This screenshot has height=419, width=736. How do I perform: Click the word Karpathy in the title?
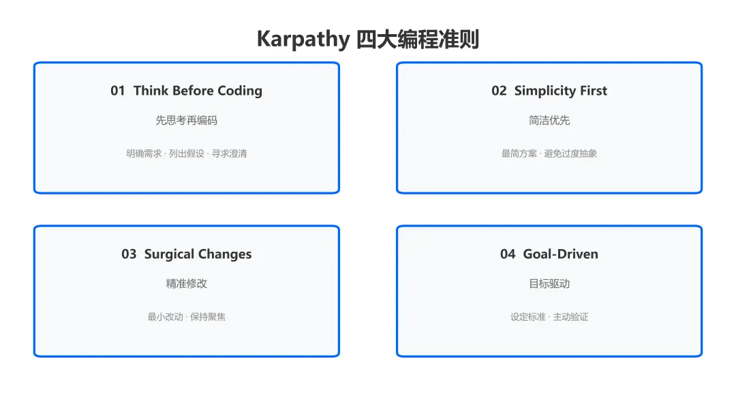pos(303,39)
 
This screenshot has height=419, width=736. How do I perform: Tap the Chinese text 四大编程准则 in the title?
pos(418,39)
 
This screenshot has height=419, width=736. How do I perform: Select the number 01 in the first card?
pos(118,91)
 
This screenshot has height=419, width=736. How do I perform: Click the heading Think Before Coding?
pos(198,91)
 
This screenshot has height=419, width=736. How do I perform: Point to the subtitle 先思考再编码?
pos(186,120)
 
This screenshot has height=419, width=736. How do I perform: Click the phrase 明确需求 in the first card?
pos(144,154)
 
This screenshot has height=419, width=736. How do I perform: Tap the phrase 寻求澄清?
pos(229,154)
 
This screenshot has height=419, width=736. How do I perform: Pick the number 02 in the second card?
pos(499,91)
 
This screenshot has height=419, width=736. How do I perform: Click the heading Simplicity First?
pos(560,91)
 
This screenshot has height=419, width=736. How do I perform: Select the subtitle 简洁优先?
pos(549,120)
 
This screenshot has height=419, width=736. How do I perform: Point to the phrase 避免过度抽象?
pos(570,154)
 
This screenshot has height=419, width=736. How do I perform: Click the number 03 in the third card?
pos(129,255)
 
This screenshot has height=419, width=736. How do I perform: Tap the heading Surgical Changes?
pos(198,255)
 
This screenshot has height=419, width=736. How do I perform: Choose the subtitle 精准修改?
pos(186,284)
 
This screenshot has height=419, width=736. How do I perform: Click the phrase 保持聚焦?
pos(207,317)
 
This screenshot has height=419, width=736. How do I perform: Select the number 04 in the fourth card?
pos(508,255)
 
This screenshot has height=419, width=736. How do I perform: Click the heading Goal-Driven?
pos(560,255)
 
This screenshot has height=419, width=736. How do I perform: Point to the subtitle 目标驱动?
pos(549,284)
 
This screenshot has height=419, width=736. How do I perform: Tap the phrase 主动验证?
pos(571,317)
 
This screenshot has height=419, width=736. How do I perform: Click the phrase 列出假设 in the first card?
pos(187,154)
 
